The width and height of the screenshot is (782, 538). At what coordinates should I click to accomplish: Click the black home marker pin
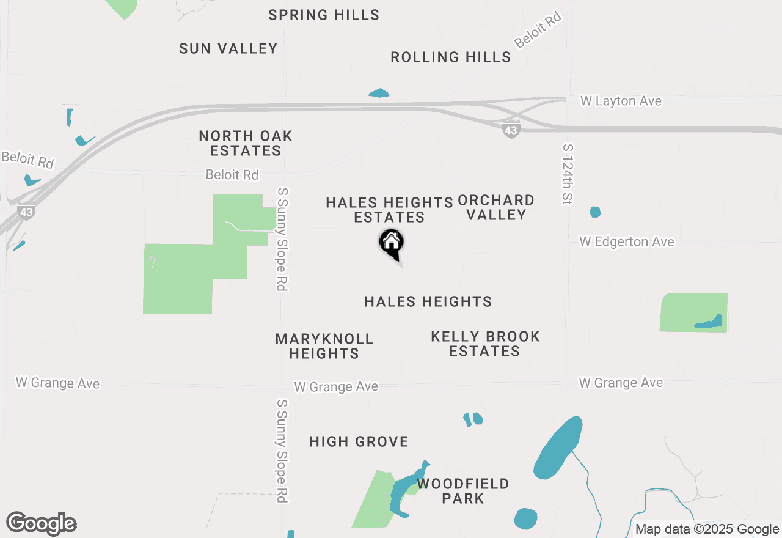coord(391,243)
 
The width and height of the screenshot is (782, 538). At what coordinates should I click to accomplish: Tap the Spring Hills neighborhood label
coord(324,15)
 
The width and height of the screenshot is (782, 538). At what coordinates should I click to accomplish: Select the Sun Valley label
coord(228,48)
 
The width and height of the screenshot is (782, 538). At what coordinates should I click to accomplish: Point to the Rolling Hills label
coord(451,57)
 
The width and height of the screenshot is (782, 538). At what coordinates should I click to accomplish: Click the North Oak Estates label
coord(246,143)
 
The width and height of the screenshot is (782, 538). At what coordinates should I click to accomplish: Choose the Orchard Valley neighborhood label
coord(496,207)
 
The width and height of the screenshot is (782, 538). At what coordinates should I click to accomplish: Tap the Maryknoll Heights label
coord(324,346)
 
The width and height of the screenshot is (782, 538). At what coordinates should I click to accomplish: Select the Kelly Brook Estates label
coord(485,344)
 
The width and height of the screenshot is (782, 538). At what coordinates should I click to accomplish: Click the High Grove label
coord(359,441)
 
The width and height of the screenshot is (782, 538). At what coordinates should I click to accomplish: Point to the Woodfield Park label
coord(463,491)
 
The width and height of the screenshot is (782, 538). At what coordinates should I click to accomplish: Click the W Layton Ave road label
coord(621,101)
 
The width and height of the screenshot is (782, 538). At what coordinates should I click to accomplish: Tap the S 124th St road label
coord(568,174)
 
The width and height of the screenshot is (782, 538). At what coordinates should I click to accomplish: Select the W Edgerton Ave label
coord(627,242)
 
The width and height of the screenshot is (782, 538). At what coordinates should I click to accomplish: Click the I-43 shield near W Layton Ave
coord(511,130)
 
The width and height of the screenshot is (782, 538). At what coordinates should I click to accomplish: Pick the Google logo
coord(42,524)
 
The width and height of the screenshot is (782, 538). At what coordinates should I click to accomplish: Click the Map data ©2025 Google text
coord(707,529)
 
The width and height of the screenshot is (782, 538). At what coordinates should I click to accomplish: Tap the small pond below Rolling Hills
coord(379,94)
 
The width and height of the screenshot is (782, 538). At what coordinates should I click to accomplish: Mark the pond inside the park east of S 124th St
coord(709,322)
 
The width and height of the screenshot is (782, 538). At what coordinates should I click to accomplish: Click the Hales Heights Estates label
coord(389,210)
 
